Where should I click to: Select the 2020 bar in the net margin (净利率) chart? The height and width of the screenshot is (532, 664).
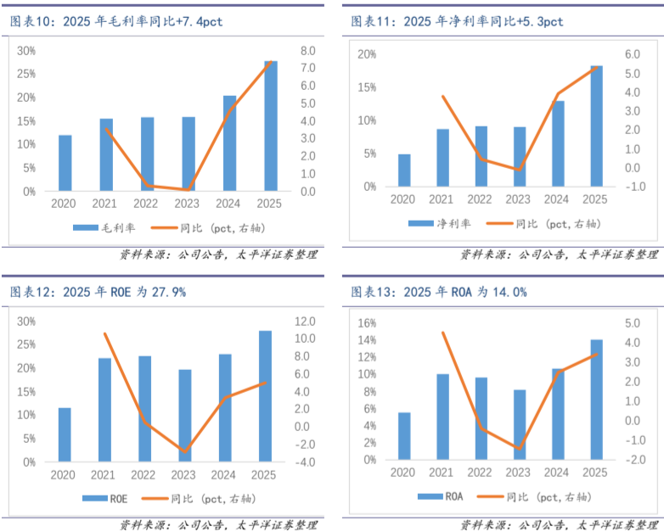pos(404,170)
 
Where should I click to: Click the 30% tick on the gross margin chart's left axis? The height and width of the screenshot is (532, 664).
pos(26,51)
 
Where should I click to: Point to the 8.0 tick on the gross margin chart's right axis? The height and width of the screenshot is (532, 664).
pos(308,51)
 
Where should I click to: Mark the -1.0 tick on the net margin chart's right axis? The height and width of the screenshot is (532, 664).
pos(637,187)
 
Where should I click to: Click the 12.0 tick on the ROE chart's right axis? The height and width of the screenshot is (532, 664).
pos(306,321)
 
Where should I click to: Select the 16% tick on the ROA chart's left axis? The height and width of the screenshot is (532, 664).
pos(367,323)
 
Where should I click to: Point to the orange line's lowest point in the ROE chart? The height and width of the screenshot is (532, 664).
pos(185,451)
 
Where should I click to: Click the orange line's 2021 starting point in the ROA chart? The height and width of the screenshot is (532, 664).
pos(442,333)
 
